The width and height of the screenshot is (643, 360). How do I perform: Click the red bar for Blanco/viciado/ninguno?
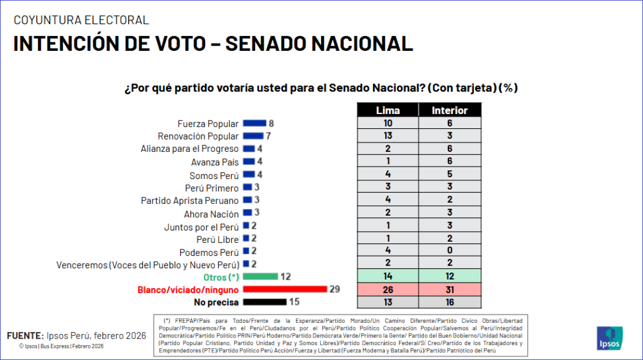(285, 289)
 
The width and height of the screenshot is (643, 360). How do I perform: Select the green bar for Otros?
(260, 276)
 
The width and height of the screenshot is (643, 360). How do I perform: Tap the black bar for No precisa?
(264, 302)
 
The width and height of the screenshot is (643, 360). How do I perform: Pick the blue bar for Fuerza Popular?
(255, 124)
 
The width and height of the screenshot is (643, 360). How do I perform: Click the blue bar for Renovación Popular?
(253, 136)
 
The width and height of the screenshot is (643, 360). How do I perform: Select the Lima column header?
(388, 110)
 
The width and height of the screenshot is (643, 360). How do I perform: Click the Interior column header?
(450, 110)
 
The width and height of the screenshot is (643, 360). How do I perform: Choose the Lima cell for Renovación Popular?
(388, 136)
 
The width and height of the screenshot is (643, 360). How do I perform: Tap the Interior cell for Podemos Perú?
(450, 251)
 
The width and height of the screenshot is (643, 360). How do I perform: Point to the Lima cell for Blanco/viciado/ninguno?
(388, 289)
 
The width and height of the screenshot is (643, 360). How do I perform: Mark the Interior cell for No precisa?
(450, 302)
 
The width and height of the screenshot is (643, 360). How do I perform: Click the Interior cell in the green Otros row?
(450, 276)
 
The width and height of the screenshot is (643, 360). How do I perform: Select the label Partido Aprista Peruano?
(190, 200)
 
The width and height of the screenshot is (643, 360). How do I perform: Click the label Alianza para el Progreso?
(190, 149)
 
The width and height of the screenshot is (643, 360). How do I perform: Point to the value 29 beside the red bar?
(336, 289)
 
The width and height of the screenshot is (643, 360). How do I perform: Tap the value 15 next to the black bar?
(294, 302)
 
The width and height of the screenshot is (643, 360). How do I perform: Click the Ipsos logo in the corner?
(609, 338)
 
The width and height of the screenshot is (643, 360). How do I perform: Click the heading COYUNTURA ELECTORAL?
(82, 20)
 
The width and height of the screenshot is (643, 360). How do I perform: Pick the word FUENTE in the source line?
(25, 335)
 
